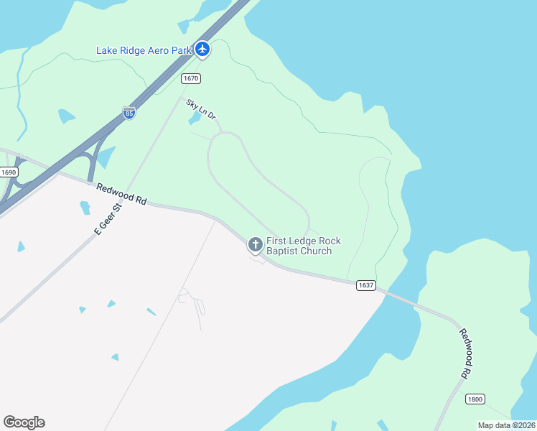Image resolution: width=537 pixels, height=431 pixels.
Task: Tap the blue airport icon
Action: coord(202,49)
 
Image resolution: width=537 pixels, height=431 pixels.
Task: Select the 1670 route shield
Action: coord(190,78)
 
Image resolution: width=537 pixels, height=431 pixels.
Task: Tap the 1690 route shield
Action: coord(9,172)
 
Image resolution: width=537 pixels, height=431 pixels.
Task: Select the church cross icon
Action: coord(255,245)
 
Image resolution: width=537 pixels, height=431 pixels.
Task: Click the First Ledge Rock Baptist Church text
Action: coord(303,246)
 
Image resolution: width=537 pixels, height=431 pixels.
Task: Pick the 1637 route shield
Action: coord(365,285)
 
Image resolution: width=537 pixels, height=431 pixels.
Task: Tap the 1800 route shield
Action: coord(475,399)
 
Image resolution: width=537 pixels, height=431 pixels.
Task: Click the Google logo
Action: coord(24,422)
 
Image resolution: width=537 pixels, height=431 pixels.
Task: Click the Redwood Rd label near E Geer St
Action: coord(121,195)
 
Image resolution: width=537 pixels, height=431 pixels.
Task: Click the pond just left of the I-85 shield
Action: coord(66,116)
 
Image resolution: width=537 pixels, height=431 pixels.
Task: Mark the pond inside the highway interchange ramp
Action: coord(106,157)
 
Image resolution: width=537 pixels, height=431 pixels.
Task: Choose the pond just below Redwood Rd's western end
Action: coord(85,208)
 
